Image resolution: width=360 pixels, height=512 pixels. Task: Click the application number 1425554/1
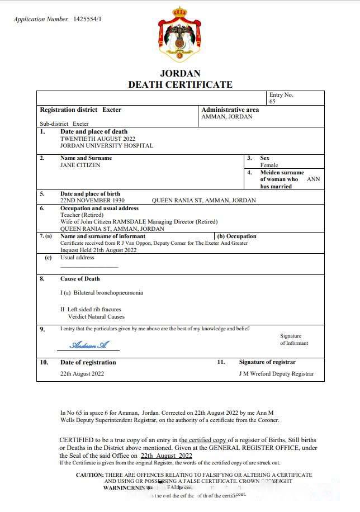point(88,20)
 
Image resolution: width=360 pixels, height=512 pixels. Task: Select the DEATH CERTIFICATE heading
point(180,84)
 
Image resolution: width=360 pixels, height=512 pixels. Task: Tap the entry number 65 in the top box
point(272,102)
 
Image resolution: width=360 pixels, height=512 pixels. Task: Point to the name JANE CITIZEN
point(80,165)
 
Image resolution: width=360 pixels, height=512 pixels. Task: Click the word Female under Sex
point(269,165)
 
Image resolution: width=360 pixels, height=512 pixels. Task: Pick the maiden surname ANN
point(314,179)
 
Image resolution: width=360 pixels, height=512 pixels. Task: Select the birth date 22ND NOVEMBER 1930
point(92,200)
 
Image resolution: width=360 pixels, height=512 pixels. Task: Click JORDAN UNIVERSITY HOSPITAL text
point(106,146)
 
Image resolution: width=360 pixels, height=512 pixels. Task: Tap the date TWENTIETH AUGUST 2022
point(97,139)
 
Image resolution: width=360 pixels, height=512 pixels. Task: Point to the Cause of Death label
point(80,278)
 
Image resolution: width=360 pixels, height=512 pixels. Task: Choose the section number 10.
point(44,362)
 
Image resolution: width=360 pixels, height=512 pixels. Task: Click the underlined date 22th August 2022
point(166,456)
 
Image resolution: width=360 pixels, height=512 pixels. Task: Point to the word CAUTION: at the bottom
point(89,475)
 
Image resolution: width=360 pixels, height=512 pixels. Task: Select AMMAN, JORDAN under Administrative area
point(226,117)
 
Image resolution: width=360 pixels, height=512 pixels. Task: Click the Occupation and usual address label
point(99,208)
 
